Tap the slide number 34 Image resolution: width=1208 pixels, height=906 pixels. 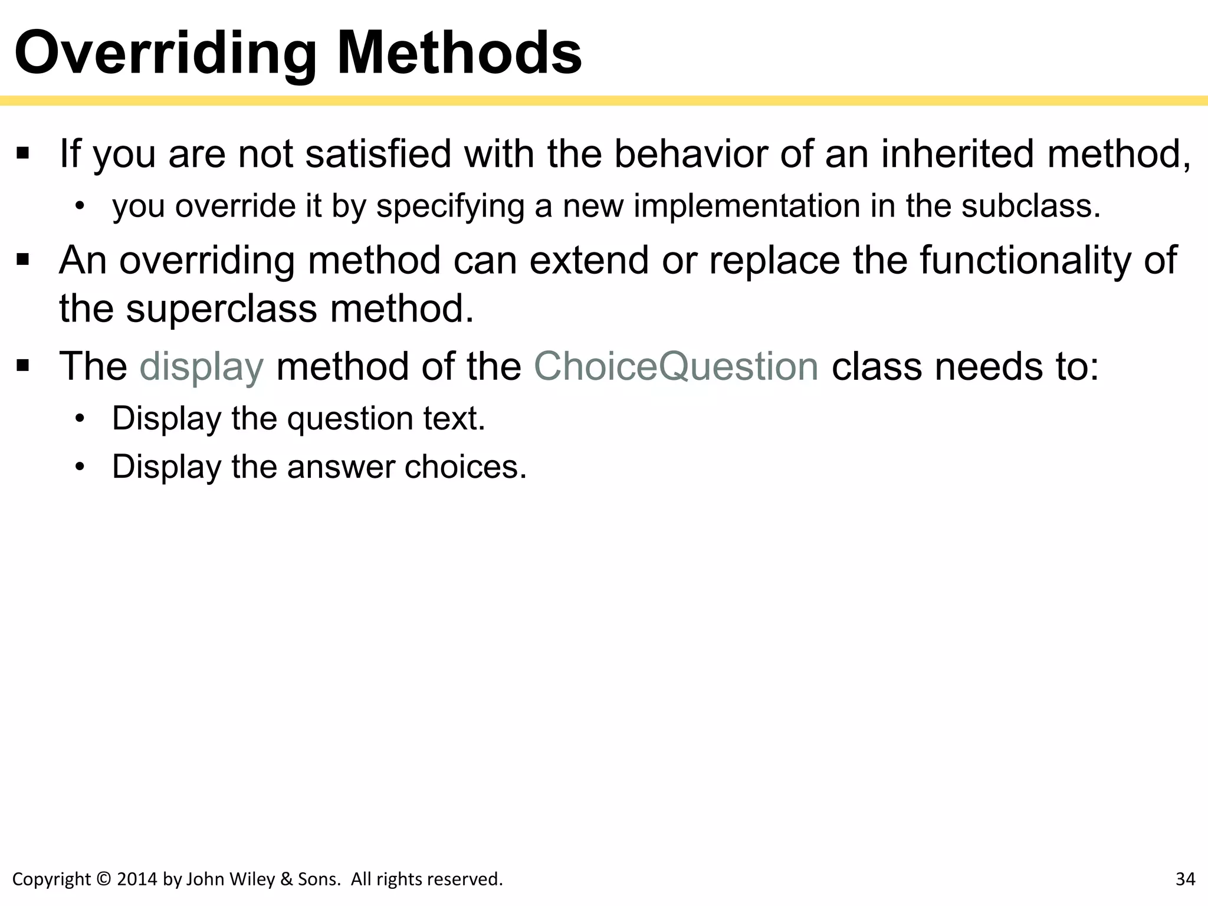pyautogui.click(x=1185, y=879)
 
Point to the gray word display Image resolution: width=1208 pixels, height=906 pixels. pyautogui.click(x=201, y=366)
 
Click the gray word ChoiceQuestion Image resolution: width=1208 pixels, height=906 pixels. pyautogui.click(x=676, y=366)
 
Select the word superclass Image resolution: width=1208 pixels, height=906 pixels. pyautogui.click(x=222, y=308)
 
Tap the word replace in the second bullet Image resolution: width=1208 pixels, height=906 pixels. pyautogui.click(x=774, y=260)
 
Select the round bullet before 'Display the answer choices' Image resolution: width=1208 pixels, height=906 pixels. pyautogui.click(x=80, y=467)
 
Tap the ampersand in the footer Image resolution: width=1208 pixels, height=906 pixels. pyautogui.click(x=287, y=879)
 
